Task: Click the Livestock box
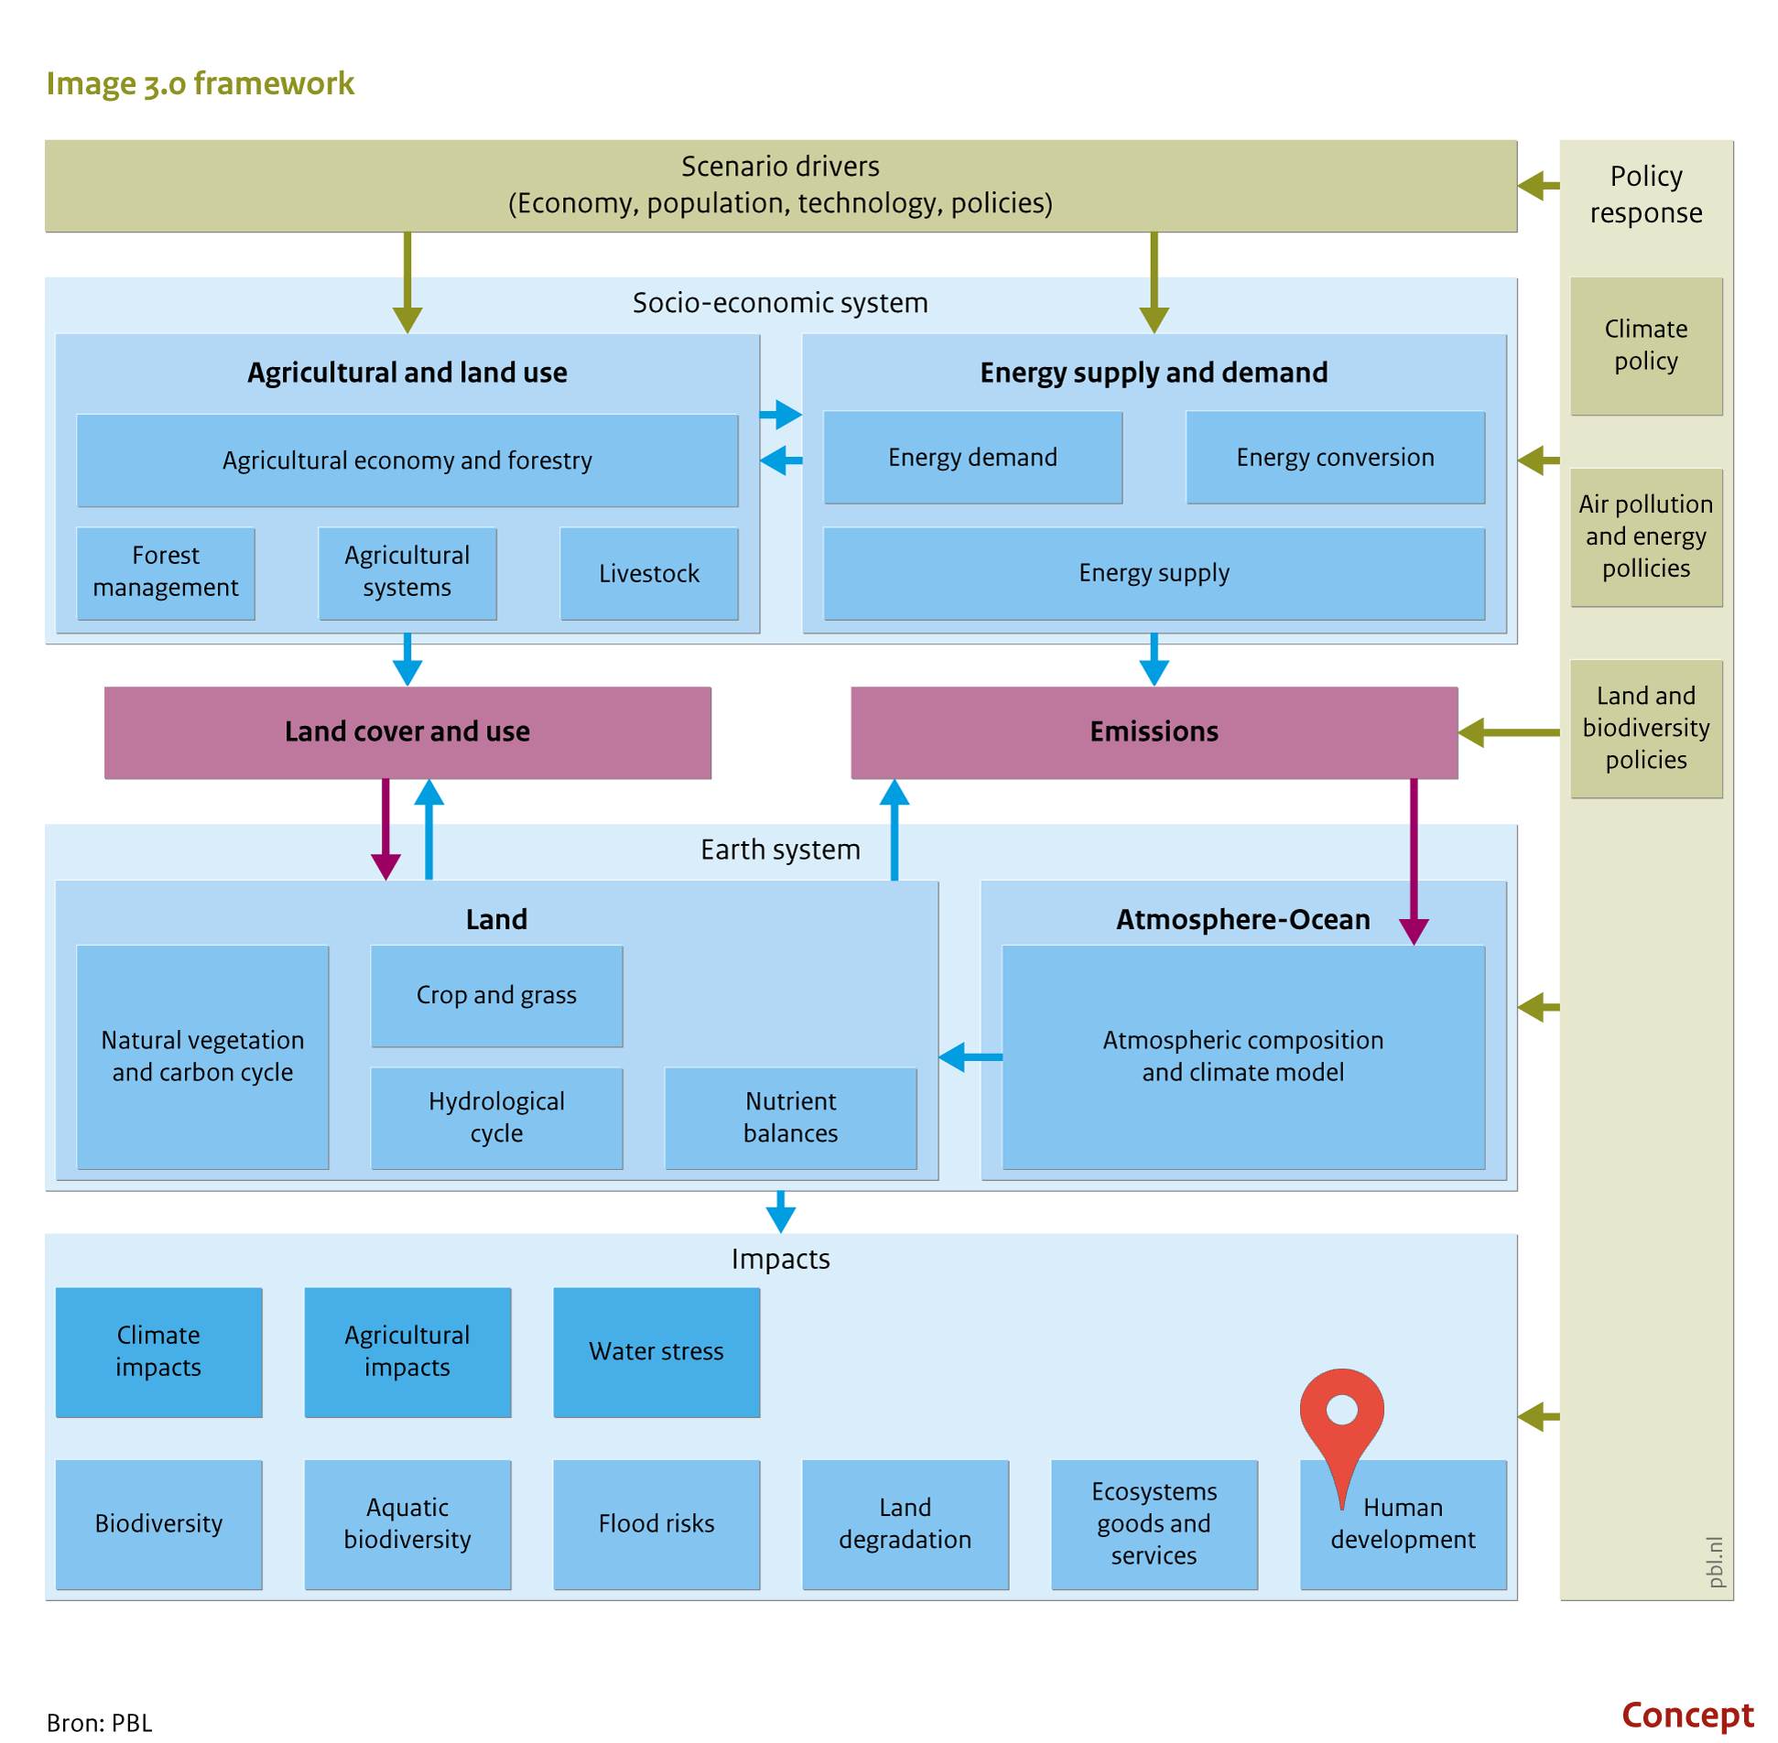(648, 573)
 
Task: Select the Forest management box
(166, 573)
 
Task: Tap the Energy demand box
(972, 457)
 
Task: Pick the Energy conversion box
(1335, 457)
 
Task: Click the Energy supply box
(1154, 573)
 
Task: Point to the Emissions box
(1154, 732)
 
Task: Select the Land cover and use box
(407, 732)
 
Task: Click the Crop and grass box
(496, 996)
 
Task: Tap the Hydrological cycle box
(496, 1118)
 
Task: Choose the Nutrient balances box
(790, 1118)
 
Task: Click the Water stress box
(656, 1352)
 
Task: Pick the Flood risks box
(656, 1524)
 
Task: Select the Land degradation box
(905, 1524)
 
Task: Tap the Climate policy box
(1646, 346)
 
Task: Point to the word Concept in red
(1687, 1715)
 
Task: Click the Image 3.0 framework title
(200, 83)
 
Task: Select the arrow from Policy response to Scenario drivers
(1539, 186)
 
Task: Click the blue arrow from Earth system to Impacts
(780, 1212)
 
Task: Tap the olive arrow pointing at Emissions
(1509, 732)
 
